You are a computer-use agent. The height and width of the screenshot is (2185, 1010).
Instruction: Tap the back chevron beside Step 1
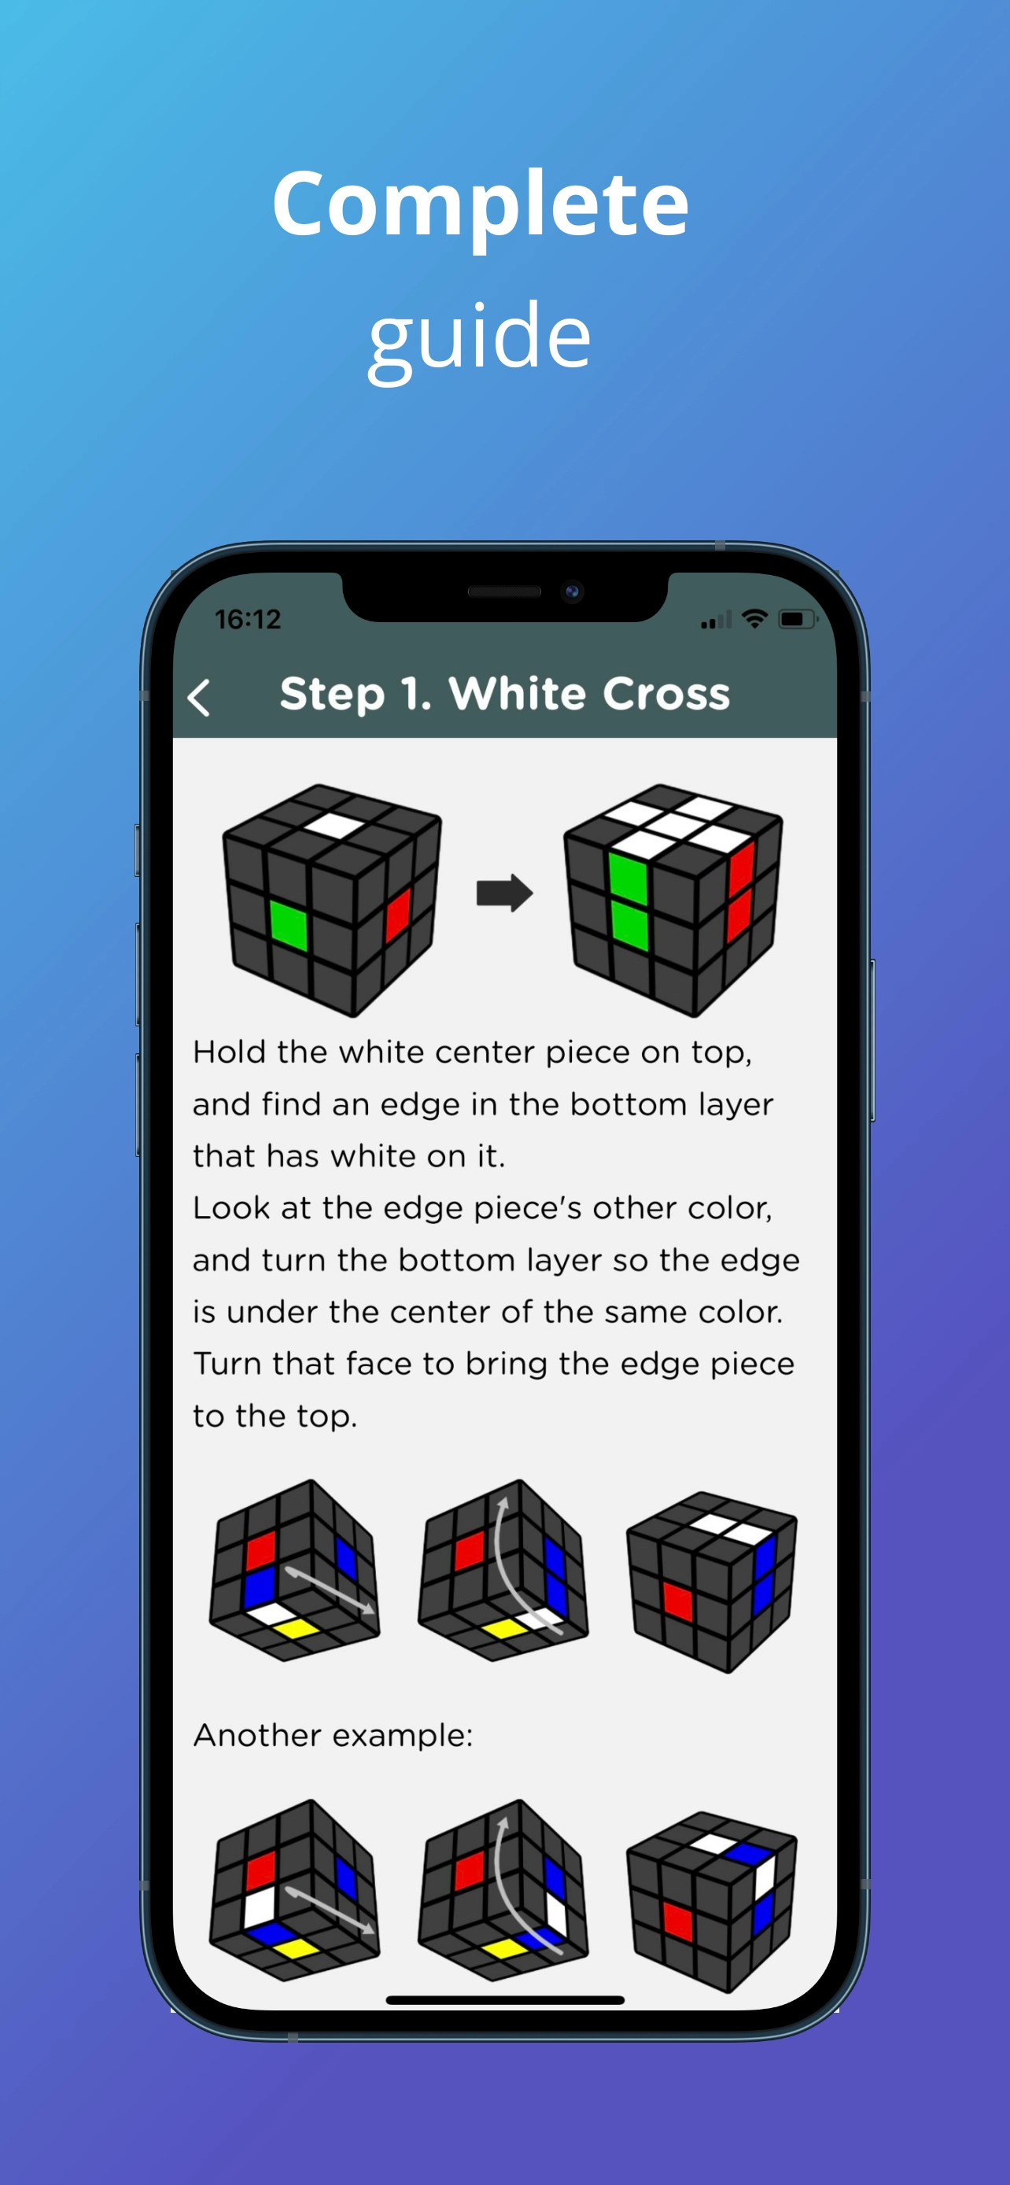tap(198, 698)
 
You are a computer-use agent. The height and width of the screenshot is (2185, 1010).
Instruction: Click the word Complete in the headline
tap(480, 204)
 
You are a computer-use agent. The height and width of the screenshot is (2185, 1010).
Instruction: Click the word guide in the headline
tap(479, 337)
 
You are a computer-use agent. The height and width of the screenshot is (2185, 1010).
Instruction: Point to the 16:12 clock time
tap(248, 619)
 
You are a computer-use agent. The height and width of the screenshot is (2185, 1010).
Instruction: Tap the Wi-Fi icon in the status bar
tap(754, 618)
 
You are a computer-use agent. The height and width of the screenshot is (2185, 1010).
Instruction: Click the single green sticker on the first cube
tap(289, 923)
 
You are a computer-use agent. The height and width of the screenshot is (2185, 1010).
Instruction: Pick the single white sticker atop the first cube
tap(334, 824)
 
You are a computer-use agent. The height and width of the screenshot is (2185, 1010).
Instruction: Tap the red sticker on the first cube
tap(398, 915)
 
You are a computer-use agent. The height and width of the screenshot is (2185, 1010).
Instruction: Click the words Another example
tap(333, 1735)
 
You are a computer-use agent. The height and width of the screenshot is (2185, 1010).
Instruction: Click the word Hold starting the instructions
tap(229, 1052)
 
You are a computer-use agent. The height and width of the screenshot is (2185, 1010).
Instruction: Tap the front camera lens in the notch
tap(573, 591)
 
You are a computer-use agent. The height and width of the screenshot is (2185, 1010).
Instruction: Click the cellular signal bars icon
tap(716, 621)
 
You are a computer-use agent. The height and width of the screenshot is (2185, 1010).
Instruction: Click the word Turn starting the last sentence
tap(227, 1364)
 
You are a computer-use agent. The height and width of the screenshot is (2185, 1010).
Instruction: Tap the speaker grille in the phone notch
tap(503, 591)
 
